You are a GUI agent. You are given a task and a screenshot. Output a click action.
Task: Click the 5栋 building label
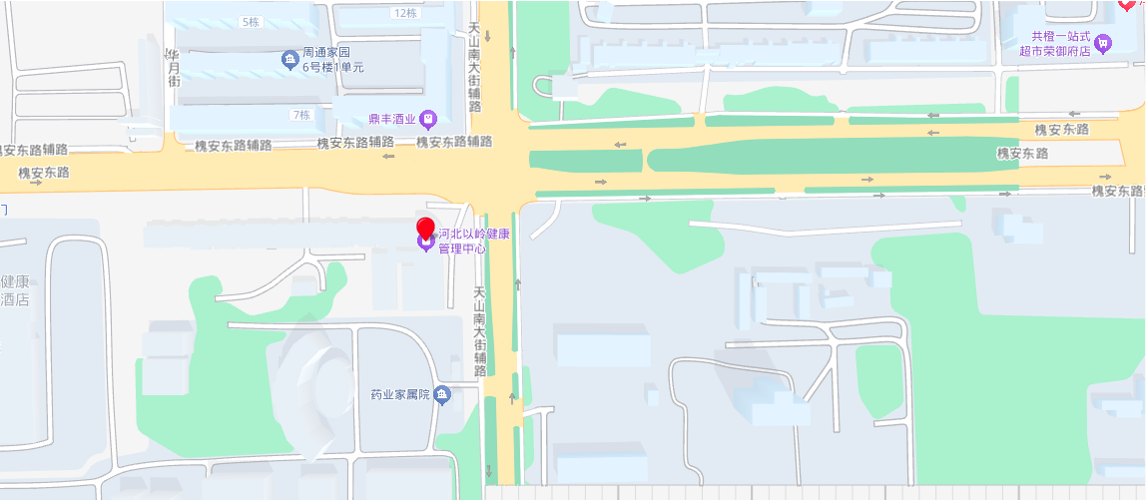coord(250,21)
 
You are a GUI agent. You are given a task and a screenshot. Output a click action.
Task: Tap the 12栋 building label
coord(405,13)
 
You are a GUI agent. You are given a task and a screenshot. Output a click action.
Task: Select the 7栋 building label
coord(300,115)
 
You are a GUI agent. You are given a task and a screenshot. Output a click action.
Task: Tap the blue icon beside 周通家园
coord(290,60)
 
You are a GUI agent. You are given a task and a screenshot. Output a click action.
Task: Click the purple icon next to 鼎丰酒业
coord(428,120)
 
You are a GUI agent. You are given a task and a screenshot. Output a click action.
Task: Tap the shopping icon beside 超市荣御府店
coord(1102,43)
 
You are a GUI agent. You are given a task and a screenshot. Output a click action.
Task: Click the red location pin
coord(426,229)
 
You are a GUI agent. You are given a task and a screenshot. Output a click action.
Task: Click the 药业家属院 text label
coord(399,395)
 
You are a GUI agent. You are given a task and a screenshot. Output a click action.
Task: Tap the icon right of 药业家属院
coord(442,395)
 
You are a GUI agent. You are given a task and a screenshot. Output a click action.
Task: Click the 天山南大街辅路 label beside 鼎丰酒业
coord(475,70)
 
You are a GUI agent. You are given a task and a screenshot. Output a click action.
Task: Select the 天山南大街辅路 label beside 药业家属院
coord(480,331)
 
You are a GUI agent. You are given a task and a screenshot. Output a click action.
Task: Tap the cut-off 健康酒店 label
coord(14,290)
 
